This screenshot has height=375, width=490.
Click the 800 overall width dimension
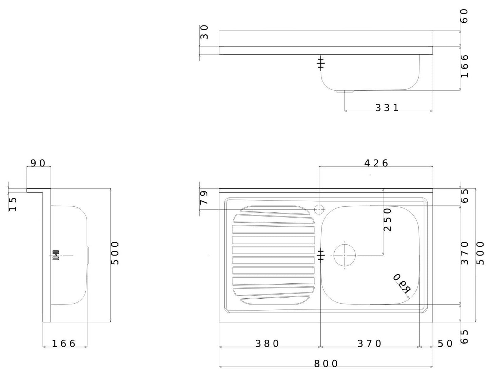326,363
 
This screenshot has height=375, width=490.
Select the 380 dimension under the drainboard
267,344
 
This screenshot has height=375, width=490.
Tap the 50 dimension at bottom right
445,344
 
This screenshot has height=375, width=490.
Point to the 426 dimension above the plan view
376,163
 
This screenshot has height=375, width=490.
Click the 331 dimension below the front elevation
387,108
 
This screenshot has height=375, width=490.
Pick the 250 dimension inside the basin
388,220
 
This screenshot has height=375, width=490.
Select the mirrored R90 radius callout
402,283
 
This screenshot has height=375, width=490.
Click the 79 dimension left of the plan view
204,198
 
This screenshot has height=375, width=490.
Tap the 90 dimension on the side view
38,163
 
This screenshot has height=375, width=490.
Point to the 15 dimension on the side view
13,204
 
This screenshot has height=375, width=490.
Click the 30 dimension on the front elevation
204,32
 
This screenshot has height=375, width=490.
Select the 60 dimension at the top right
464,16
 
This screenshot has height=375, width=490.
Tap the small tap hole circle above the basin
319,209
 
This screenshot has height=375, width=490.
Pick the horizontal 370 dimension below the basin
370,344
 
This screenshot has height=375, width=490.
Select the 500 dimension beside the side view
115,253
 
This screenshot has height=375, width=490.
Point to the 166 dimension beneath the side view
64,344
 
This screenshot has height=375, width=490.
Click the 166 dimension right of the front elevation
464,66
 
